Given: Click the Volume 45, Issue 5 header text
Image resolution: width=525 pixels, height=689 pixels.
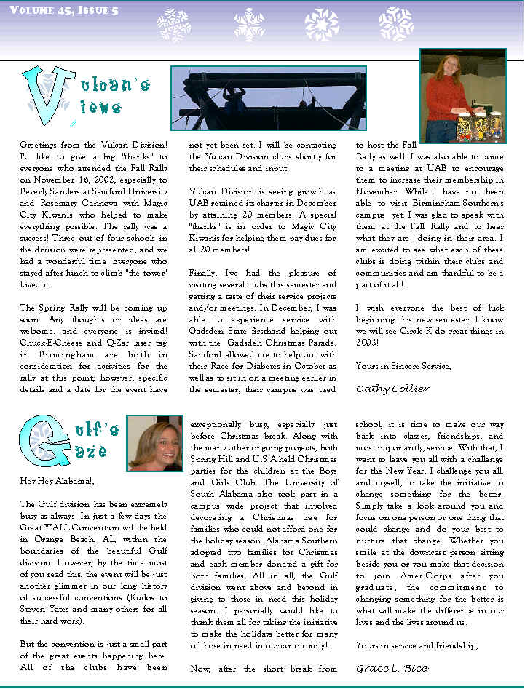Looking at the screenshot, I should [65, 10].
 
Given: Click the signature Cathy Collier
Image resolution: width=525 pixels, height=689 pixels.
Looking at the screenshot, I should [392, 389].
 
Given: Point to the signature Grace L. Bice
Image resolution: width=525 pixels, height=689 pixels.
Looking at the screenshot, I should [392, 668].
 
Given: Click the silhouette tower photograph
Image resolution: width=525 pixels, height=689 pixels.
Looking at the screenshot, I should [268, 97].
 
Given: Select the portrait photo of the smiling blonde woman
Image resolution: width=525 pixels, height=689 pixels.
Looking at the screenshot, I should [154, 443].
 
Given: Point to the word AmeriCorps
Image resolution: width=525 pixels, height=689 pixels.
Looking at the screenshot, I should [416, 576].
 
